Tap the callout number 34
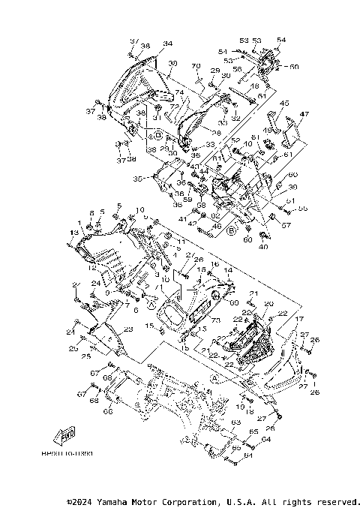coord(167,44)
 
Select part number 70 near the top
coord(196,66)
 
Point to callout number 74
coord(179,92)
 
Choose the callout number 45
coord(284,103)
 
